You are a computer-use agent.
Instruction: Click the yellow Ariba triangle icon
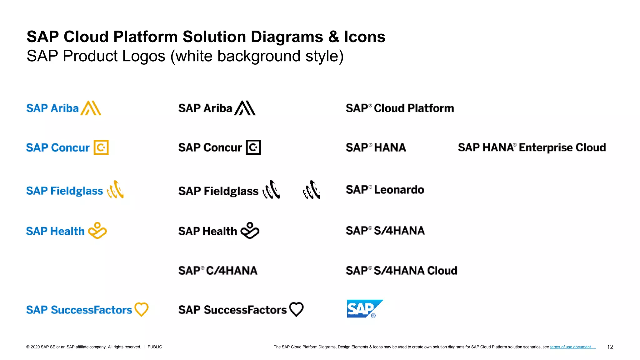tap(91, 108)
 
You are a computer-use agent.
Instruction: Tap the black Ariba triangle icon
tap(245, 108)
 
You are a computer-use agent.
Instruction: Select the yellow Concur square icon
tap(101, 147)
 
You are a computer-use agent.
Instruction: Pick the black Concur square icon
tap(253, 147)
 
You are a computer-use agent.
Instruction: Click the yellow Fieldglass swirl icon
tap(116, 190)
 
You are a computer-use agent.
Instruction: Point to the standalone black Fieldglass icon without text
tap(312, 190)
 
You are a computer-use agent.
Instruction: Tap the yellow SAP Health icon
tap(97, 231)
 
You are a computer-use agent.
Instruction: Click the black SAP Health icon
tap(250, 231)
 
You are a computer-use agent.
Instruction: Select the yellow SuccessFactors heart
tap(141, 309)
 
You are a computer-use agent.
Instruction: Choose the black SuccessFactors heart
tap(296, 309)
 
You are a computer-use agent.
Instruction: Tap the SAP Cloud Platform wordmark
tap(400, 108)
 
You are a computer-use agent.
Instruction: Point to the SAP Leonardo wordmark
tap(385, 190)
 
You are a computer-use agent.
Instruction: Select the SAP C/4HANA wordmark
tap(218, 271)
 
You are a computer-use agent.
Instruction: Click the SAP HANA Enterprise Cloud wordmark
tap(532, 147)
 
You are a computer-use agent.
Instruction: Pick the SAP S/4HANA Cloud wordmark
tap(401, 271)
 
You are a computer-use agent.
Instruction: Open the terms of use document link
tap(573, 347)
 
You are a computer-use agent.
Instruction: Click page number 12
tap(610, 347)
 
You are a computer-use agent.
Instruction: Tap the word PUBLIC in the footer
tap(155, 347)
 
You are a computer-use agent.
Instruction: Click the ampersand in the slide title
tap(333, 37)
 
